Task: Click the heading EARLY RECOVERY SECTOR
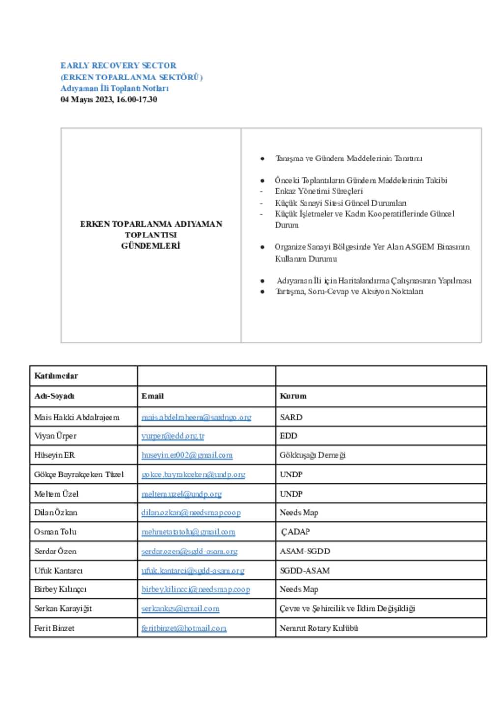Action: click(118, 65)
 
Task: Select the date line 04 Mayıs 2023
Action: click(109, 99)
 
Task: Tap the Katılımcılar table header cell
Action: click(56, 376)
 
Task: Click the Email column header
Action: click(152, 396)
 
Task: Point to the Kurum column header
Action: click(293, 396)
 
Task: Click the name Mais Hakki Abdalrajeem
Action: click(77, 417)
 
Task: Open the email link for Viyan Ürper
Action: click(173, 436)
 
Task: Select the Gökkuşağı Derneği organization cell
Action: click(313, 455)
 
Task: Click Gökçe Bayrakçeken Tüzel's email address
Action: click(193, 474)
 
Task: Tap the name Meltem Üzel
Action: click(56, 494)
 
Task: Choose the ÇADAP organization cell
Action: click(295, 532)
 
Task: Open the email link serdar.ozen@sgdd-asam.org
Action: click(189, 551)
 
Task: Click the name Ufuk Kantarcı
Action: click(58, 570)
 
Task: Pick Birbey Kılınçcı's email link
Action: click(196, 589)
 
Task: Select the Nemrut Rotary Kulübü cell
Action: click(319, 628)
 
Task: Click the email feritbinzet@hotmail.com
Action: click(184, 628)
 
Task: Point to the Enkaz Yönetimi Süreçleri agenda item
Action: click(318, 191)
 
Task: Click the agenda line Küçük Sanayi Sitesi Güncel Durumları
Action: click(340, 203)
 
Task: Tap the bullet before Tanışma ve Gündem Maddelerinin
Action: click(263, 158)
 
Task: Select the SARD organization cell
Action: click(291, 417)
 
